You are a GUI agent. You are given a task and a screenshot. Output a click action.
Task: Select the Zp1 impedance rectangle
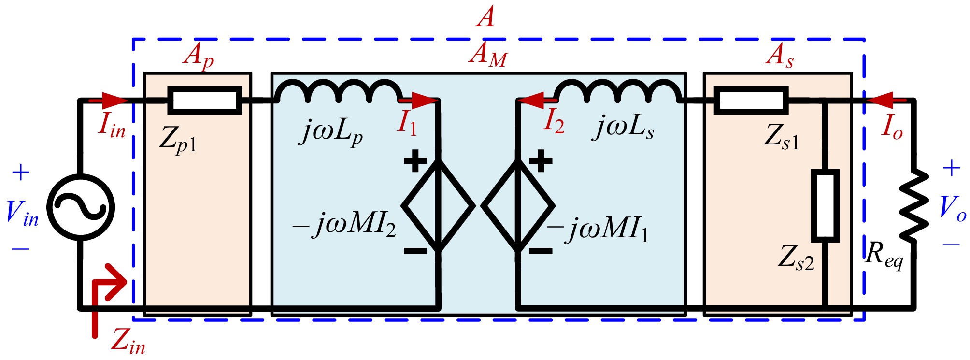[x=204, y=101]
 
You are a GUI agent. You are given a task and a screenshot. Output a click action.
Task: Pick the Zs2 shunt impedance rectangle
[x=825, y=205]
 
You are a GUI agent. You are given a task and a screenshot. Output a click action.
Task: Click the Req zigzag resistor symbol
[x=913, y=205]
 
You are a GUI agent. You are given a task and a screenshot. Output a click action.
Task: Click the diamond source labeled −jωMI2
[x=439, y=205]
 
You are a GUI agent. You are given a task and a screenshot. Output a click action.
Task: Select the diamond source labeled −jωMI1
[x=518, y=205]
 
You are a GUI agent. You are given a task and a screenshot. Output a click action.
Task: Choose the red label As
[x=779, y=56]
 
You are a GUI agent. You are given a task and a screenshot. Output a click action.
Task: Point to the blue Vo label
[x=952, y=209]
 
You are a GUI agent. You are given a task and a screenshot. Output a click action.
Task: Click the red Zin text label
[x=128, y=341]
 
